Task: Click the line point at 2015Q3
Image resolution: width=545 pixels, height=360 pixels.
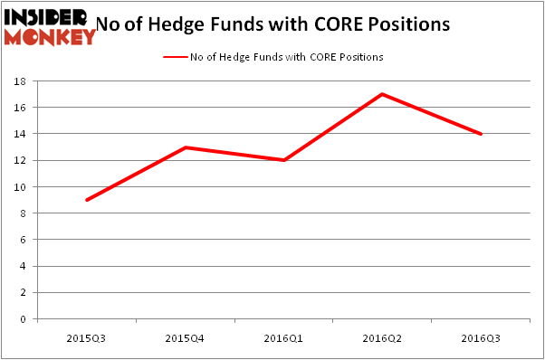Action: (x=87, y=200)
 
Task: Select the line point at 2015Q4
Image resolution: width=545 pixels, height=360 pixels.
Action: (x=186, y=147)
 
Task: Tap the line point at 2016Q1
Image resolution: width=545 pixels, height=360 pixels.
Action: (x=283, y=160)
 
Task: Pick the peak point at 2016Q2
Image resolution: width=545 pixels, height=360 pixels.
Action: (x=382, y=94)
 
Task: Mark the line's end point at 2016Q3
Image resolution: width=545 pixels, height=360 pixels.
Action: (x=481, y=134)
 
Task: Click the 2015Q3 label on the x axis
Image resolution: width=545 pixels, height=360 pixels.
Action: (x=87, y=337)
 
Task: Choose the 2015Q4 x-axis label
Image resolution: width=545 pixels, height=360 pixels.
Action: (x=186, y=337)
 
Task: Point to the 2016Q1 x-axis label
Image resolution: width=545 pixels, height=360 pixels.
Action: (x=283, y=337)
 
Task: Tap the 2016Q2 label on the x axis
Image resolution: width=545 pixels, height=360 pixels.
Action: (x=382, y=337)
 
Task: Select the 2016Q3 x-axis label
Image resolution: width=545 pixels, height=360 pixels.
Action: (x=481, y=337)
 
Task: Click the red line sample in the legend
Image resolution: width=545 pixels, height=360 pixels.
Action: (x=175, y=57)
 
